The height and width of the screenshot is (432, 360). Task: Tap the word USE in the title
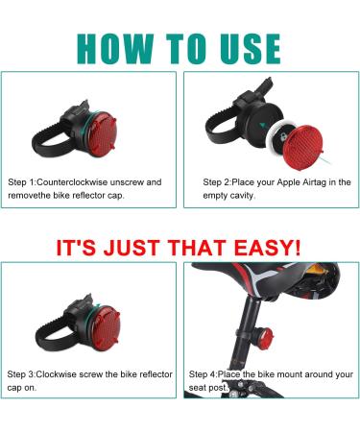pyautogui.click(x=251, y=49)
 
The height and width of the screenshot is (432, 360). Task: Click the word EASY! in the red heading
pyautogui.click(x=268, y=248)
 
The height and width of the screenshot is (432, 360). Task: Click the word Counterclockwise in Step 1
pyautogui.click(x=72, y=182)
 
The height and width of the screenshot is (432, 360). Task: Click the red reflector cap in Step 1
pyautogui.click(x=102, y=133)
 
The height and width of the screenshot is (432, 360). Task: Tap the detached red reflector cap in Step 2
pyautogui.click(x=302, y=147)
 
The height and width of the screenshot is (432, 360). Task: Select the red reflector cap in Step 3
pyautogui.click(x=106, y=328)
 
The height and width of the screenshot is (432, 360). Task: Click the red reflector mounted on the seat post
pyautogui.click(x=265, y=339)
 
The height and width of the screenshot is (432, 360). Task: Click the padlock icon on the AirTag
pyautogui.click(x=283, y=137)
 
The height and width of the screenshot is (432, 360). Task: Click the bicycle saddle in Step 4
pyautogui.click(x=272, y=278)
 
